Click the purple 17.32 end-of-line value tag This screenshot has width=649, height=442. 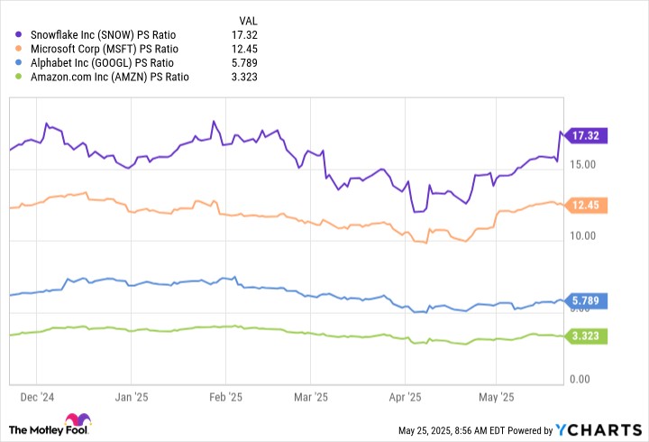tap(586, 135)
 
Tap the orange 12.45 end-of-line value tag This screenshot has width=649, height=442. tap(586, 206)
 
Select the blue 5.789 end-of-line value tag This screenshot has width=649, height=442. tap(586, 301)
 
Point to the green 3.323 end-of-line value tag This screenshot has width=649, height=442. tap(586, 336)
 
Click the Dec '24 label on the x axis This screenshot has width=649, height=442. tap(37, 396)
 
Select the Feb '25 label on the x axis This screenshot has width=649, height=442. tap(226, 396)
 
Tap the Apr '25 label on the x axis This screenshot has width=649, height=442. tap(405, 396)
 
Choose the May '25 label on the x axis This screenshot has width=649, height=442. tap(495, 396)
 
